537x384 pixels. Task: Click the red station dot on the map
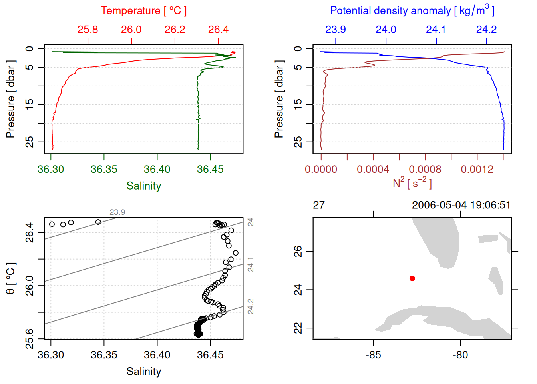point(412,278)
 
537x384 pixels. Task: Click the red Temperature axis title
point(143,11)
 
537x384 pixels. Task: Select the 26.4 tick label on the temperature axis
point(218,30)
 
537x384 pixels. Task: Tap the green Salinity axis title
point(144,186)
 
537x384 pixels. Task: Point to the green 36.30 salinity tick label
point(51,170)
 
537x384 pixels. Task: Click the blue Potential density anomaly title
point(412,11)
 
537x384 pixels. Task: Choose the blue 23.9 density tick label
point(336,30)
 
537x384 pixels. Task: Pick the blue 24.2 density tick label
point(486,30)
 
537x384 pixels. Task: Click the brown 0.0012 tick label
point(477,170)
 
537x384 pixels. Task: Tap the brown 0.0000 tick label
point(321,170)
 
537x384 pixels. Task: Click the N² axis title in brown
point(412,183)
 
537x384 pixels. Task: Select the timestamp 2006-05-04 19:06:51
point(461,205)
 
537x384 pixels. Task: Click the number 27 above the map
point(319,205)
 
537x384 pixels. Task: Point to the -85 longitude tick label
point(373,355)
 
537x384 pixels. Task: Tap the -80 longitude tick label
point(460,355)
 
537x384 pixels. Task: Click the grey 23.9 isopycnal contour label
point(117,212)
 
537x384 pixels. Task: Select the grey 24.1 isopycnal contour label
point(251,265)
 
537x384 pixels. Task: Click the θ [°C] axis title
point(11,278)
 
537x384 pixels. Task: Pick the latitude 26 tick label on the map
point(298,251)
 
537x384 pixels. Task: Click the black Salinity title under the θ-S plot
point(144,372)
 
